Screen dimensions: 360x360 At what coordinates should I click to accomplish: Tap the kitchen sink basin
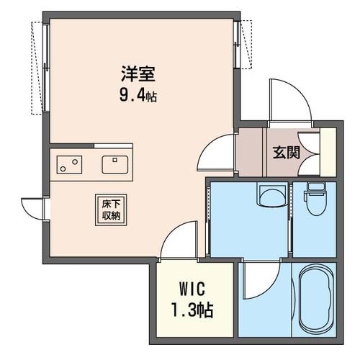[x=115, y=165]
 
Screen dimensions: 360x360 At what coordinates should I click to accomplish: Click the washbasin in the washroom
[x=271, y=194]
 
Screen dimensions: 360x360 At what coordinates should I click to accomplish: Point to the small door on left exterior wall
[x=32, y=207]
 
